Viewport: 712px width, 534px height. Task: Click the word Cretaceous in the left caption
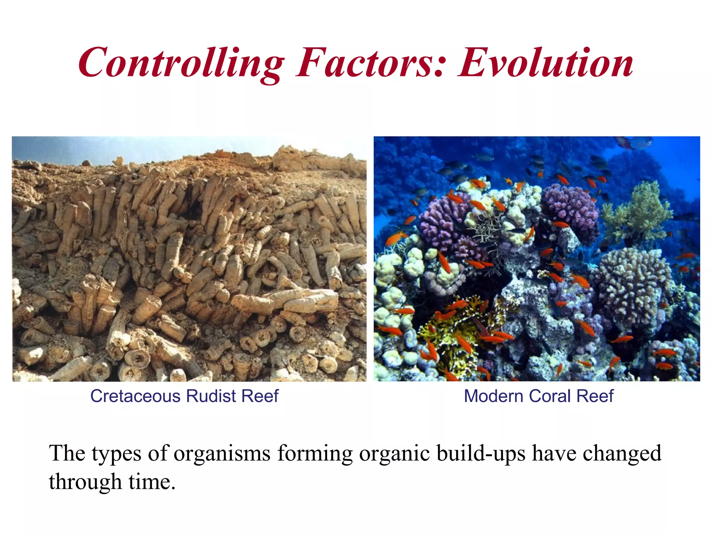tap(135, 396)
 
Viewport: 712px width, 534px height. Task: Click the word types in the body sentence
tap(116, 454)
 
